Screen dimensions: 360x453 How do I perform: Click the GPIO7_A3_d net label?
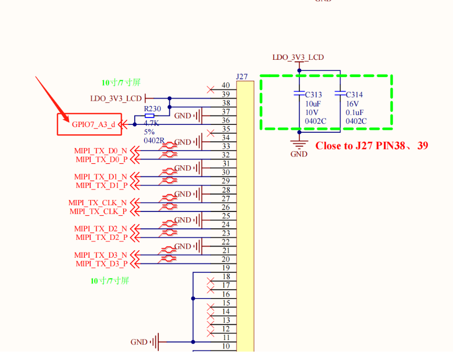93,124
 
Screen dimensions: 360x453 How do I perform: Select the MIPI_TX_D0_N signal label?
101,151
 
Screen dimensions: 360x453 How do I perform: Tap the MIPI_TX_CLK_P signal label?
98,211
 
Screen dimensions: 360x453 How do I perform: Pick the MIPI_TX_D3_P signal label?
101,263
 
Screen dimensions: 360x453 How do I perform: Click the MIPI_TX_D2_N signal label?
101,229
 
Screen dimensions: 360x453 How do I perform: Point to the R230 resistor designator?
153,109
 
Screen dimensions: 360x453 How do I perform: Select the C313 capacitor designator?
314,95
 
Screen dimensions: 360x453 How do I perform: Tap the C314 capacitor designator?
354,95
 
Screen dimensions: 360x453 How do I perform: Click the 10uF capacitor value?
313,104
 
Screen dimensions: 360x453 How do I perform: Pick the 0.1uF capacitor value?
355,112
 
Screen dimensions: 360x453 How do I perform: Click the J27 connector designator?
242,77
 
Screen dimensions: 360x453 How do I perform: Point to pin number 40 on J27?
226,86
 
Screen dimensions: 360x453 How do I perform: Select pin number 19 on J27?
226,268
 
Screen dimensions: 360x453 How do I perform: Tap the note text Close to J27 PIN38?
371,146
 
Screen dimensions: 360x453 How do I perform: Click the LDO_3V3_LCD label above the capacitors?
298,57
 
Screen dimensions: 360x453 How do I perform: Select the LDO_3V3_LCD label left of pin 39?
116,98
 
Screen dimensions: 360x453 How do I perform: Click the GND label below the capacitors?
299,154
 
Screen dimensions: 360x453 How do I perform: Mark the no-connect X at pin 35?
211,133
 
